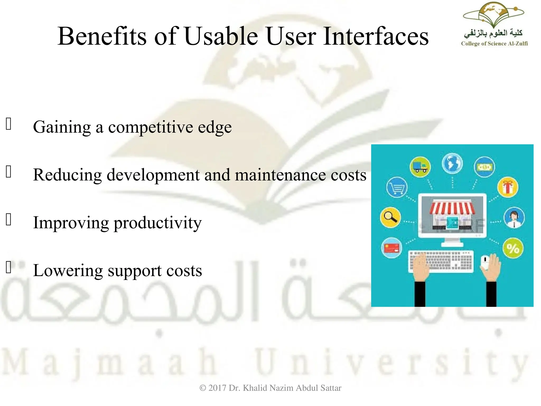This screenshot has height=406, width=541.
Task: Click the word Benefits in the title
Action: coord(102,36)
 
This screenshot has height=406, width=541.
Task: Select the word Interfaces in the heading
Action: coord(376,36)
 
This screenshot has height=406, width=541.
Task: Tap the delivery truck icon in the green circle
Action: coord(420,167)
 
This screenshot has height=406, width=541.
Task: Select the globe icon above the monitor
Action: coord(452,163)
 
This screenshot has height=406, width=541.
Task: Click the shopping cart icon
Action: coord(397,187)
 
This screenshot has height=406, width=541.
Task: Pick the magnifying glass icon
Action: coord(390,218)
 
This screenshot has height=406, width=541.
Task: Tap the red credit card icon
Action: coord(392,248)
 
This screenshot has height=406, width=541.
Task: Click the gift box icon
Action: coord(508,187)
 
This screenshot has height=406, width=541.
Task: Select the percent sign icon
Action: coord(513,248)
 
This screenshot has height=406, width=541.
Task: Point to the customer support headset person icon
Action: coord(514,218)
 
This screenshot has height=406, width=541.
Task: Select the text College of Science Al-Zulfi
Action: coord(494,44)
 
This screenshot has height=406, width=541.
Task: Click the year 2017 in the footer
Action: coord(217,388)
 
